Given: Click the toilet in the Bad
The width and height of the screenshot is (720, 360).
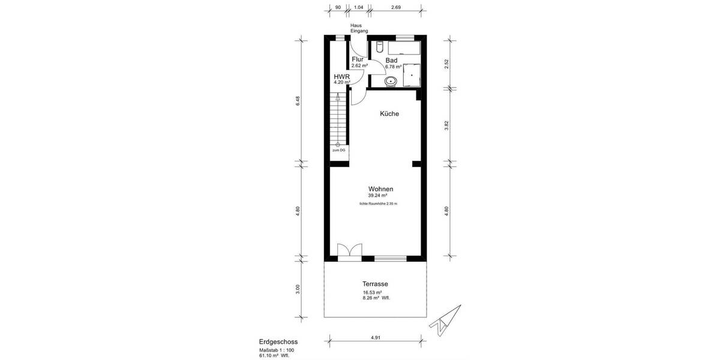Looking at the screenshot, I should [379, 47].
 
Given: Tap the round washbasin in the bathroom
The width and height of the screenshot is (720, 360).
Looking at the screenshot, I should [391, 80].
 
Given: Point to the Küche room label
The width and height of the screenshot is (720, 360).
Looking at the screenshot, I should [389, 113].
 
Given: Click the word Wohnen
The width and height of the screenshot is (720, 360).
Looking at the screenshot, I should [380, 189].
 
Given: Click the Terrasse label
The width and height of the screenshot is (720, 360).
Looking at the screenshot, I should [375, 284].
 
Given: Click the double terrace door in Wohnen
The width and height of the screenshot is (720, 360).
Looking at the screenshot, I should [349, 252].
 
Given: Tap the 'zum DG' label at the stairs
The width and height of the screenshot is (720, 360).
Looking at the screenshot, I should [339, 150].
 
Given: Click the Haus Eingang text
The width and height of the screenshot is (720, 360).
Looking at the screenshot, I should [359, 28].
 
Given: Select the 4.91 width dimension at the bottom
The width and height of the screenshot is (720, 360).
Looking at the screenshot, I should [376, 338].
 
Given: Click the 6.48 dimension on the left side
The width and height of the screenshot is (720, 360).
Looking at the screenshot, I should [298, 101].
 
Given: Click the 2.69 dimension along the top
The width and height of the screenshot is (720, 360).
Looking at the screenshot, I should [395, 7].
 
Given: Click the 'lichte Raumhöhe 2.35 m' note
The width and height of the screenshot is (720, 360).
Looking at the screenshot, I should [378, 204].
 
